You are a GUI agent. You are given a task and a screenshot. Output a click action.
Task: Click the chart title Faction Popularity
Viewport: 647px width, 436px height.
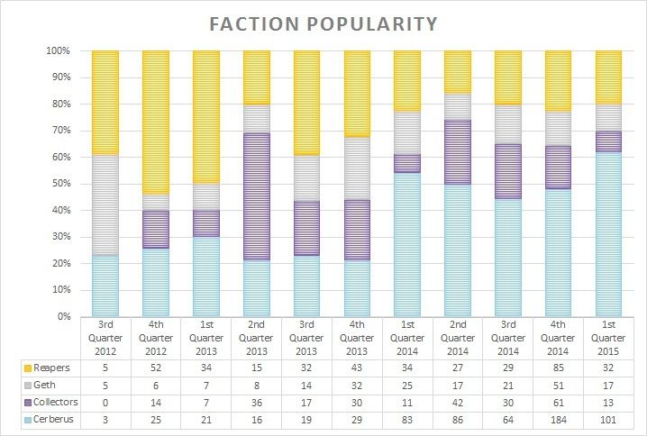(323, 23)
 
